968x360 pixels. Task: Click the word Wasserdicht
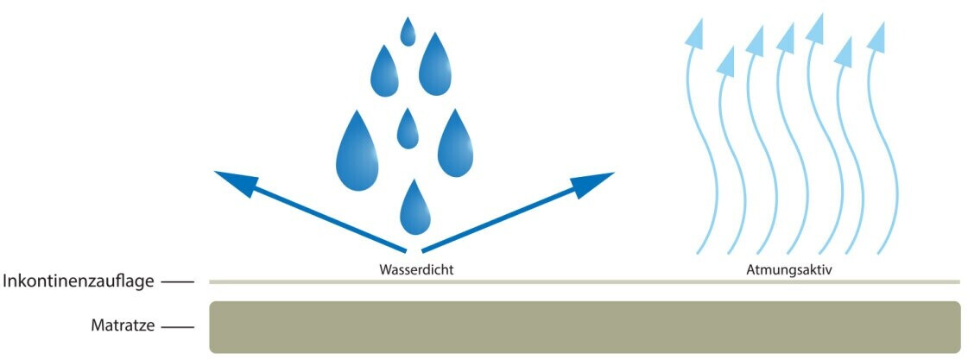point(416,269)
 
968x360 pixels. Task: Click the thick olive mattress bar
point(585,327)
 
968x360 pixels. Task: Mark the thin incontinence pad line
point(585,281)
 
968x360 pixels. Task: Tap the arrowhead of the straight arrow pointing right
point(596,181)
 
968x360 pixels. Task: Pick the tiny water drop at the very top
point(408,33)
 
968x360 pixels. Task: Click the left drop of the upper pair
point(385,73)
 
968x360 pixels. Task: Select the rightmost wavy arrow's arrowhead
point(876,36)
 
